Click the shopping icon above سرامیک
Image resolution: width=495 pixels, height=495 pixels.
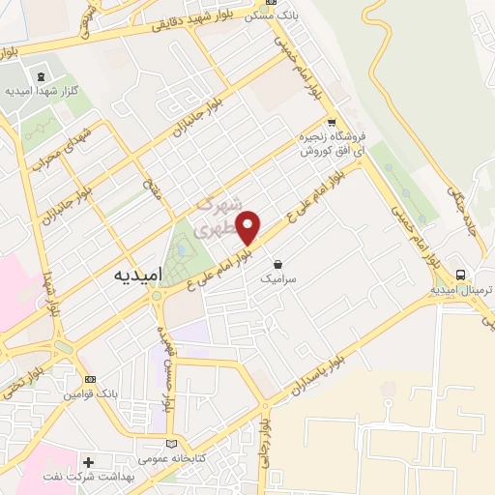(x=278, y=263)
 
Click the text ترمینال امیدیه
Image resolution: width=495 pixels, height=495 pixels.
(x=457, y=289)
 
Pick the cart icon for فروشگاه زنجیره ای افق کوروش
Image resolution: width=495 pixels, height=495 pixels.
(x=333, y=123)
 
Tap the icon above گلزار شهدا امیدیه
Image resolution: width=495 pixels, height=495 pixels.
(x=40, y=76)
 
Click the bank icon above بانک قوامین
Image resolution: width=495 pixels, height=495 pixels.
(x=91, y=380)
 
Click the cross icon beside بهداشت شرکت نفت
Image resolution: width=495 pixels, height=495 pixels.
(x=90, y=462)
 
